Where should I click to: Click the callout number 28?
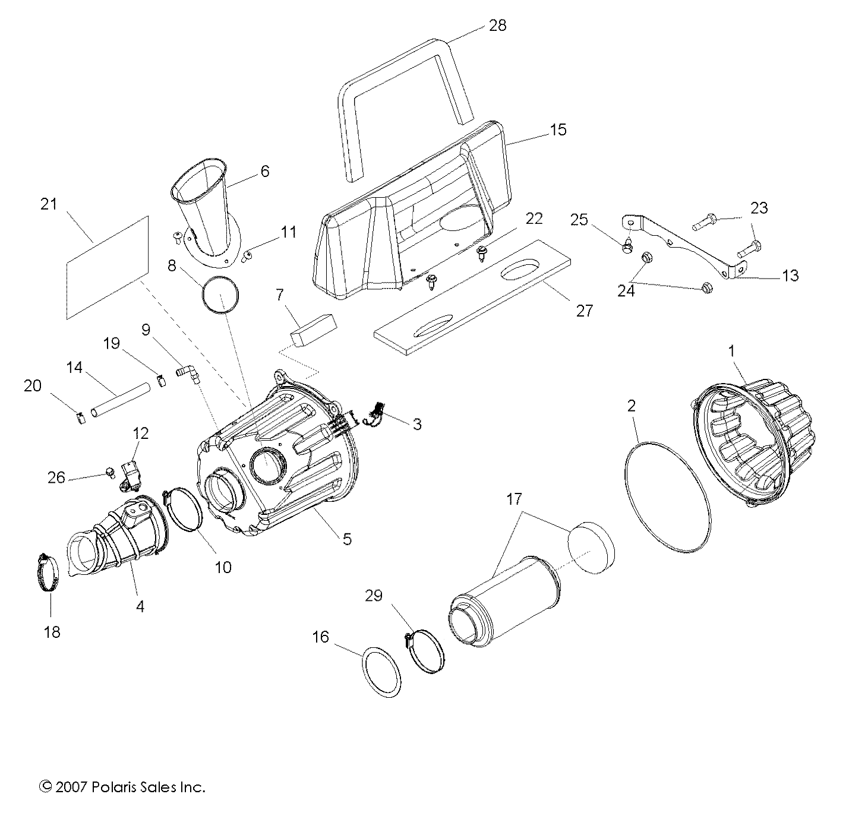coord(497,25)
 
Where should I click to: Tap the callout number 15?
coord(558,129)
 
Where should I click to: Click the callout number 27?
coord(585,310)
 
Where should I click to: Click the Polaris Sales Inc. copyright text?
coord(122,787)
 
